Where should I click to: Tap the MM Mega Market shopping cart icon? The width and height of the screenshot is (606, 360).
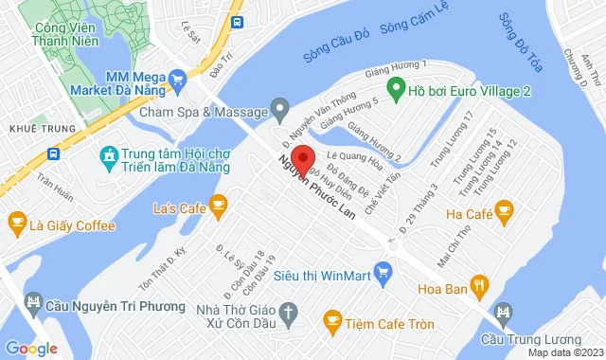tap(176, 80)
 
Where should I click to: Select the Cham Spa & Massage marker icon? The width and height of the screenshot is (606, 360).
tap(279, 111)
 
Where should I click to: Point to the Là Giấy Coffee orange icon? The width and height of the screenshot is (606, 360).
tap(16, 225)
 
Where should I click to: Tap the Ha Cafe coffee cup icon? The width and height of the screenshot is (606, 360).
tap(504, 208)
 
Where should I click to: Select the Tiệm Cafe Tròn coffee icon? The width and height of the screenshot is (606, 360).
tap(331, 323)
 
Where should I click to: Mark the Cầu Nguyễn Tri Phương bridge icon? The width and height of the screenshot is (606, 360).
tap(35, 303)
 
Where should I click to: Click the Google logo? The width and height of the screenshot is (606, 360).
tap(30, 348)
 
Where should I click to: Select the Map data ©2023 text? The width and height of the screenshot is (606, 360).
tap(564, 352)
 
